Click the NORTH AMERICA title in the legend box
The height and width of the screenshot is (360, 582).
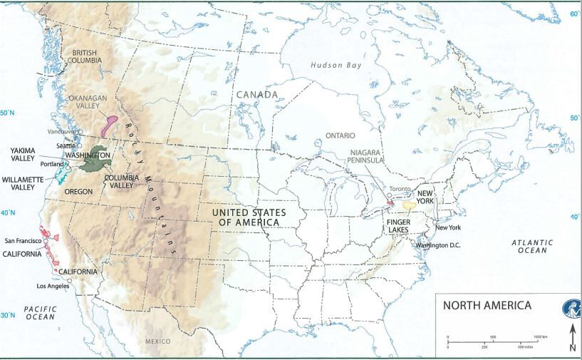(487, 306)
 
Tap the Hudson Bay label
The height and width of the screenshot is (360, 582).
(337, 65)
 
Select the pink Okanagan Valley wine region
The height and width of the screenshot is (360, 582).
(110, 124)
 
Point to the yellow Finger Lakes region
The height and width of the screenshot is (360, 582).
(409, 206)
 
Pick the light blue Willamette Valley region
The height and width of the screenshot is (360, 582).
(63, 172)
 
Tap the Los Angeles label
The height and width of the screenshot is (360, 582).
(53, 286)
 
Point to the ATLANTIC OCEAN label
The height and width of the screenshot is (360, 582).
(532, 247)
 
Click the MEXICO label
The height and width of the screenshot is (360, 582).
(158, 341)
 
